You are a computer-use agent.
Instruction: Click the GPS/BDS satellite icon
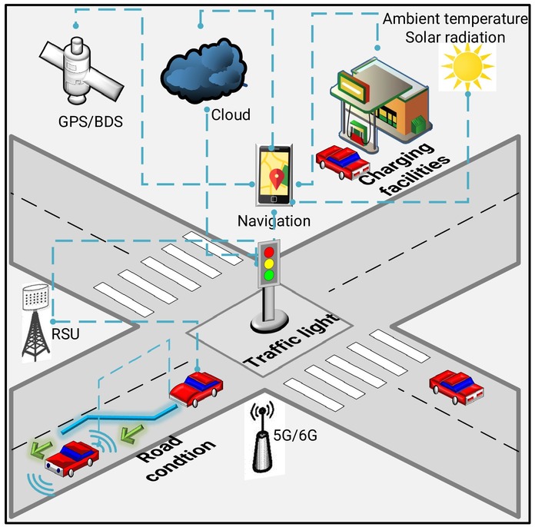pyautogui.click(x=81, y=71)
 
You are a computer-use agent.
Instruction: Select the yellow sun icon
pyautogui.click(x=467, y=67)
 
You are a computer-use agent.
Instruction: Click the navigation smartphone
pyautogui.click(x=274, y=175)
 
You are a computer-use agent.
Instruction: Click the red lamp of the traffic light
pyautogui.click(x=269, y=252)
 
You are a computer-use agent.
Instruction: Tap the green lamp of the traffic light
pyautogui.click(x=269, y=275)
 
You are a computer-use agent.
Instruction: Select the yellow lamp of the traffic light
pyautogui.click(x=269, y=263)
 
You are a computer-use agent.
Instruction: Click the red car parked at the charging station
pyautogui.click(x=343, y=161)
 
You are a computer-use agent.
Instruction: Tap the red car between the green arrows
pyautogui.click(x=72, y=458)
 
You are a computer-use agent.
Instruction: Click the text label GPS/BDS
pyautogui.click(x=91, y=122)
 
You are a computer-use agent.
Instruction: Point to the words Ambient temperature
pyautogui.click(x=455, y=19)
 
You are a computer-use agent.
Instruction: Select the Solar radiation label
pyautogui.click(x=455, y=38)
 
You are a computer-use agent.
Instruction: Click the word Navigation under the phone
pyautogui.click(x=274, y=221)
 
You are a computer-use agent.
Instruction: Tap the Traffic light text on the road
pyautogui.click(x=293, y=340)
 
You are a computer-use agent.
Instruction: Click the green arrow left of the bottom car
pyautogui.click(x=40, y=449)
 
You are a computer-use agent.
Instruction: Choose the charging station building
pyautogui.click(x=380, y=102)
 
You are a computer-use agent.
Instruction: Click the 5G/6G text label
pyautogui.click(x=295, y=435)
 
